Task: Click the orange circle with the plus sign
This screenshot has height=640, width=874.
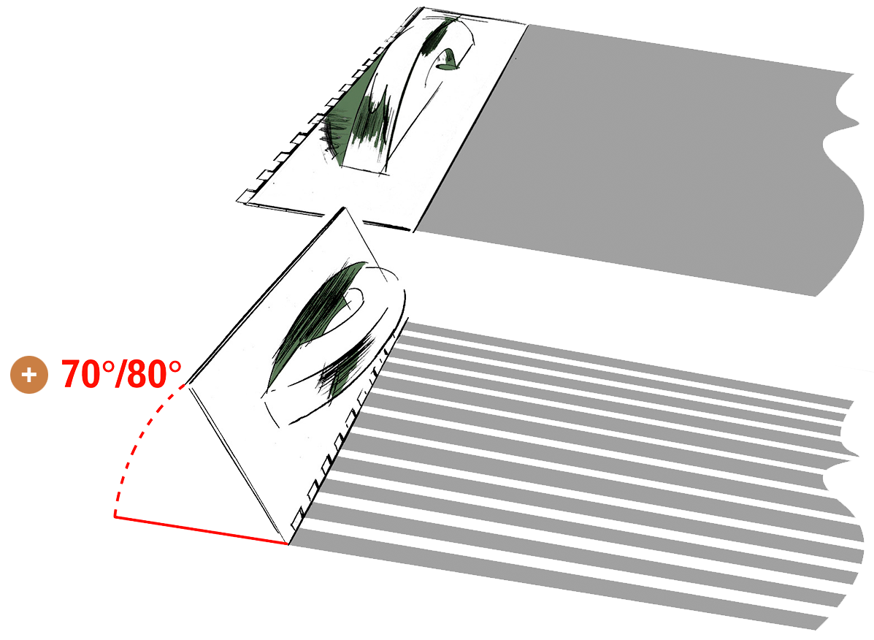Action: [x=29, y=374]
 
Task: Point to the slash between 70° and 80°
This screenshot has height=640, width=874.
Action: [x=120, y=373]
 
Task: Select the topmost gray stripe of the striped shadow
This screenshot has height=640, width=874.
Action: [x=624, y=362]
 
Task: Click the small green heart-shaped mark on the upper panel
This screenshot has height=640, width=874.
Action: [x=448, y=60]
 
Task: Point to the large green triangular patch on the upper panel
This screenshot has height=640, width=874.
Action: [x=357, y=112]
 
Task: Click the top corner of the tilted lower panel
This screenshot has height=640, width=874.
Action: [x=344, y=208]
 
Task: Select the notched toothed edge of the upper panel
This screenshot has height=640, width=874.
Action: [x=329, y=106]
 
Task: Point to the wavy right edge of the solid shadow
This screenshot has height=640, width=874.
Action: [x=845, y=184]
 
